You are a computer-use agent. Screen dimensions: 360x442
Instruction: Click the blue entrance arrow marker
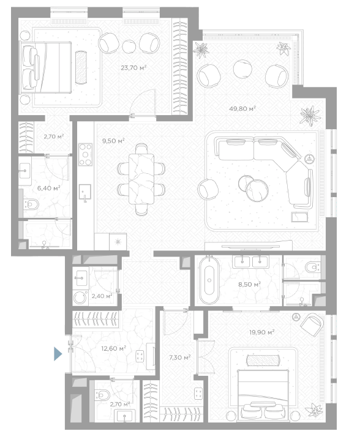point(58,354)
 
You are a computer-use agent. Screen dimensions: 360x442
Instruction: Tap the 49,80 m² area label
point(242,108)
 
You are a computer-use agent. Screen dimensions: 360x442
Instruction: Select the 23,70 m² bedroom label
point(133,68)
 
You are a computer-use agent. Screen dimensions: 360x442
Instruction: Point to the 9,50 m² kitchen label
point(114,141)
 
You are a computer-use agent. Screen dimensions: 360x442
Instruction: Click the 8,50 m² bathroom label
point(250,285)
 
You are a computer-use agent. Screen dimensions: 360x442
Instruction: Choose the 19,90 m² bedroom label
point(262,332)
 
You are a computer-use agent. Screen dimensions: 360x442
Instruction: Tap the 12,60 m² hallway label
point(114,348)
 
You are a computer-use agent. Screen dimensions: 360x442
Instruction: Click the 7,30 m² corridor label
point(180,358)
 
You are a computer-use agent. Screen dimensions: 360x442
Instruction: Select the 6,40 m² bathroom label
point(49,188)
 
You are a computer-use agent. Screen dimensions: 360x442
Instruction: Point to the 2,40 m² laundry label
point(102,296)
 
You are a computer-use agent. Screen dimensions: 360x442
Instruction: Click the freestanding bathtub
point(209,280)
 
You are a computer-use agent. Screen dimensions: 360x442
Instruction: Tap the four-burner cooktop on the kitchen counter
point(86,154)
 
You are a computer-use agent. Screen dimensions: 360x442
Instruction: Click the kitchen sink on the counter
point(85,192)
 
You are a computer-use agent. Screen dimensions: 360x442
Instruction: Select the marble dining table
point(141,178)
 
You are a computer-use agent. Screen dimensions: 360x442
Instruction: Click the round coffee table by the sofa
point(257,190)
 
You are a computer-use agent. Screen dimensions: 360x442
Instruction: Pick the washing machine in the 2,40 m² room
point(80,298)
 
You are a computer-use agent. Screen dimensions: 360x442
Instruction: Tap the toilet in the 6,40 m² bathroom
point(31,204)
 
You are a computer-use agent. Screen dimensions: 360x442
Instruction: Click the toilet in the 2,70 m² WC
point(102,395)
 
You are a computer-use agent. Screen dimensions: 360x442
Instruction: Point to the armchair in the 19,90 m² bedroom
point(312,324)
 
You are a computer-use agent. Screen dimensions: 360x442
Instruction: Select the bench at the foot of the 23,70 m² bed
point(81,67)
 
